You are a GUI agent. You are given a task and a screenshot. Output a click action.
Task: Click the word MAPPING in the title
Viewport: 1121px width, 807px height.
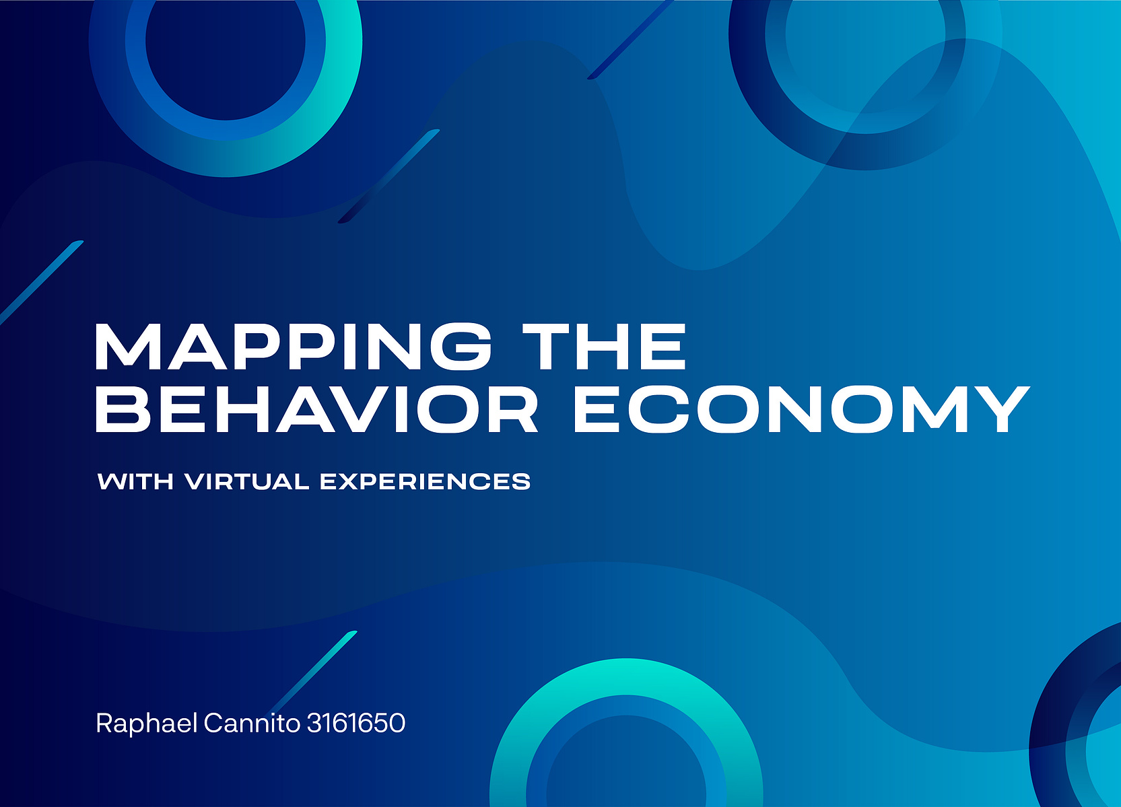294,346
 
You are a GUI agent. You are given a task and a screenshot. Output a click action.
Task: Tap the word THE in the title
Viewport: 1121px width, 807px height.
603,346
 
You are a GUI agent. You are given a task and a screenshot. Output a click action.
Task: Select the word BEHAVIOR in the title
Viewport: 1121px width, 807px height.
316,409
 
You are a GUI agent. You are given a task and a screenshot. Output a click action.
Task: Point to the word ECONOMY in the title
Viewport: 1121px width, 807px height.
801,409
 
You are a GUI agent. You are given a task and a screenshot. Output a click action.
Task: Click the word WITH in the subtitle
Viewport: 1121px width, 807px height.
135,481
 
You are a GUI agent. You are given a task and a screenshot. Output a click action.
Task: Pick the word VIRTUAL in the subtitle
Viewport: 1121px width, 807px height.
246,481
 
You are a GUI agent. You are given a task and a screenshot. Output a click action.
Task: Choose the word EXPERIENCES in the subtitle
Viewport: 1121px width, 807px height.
426,481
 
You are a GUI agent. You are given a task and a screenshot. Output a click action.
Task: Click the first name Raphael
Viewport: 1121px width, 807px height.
147,723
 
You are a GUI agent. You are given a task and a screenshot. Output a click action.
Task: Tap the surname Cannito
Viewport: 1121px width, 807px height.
252,723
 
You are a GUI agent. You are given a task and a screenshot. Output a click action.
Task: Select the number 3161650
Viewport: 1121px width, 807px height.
355,724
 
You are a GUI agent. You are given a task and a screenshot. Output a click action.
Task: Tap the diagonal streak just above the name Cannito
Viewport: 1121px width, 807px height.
313,671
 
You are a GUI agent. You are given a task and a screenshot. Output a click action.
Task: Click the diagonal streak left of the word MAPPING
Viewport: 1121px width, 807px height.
42,283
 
